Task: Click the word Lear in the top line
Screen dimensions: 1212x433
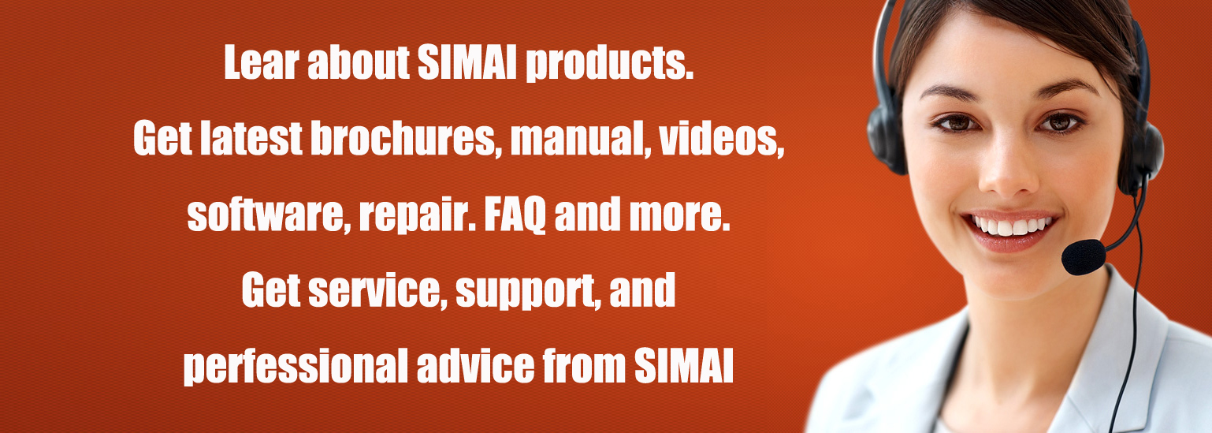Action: click(x=262, y=62)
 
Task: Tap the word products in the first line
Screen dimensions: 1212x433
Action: click(x=610, y=64)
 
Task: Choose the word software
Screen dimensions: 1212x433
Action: click(x=266, y=215)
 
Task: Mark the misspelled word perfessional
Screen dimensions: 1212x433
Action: click(x=296, y=367)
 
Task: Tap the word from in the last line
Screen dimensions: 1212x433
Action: click(x=585, y=366)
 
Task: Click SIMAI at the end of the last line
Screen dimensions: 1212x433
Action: click(x=684, y=366)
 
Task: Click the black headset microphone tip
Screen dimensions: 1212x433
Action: click(x=1084, y=257)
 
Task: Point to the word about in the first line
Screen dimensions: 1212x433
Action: click(x=359, y=62)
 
